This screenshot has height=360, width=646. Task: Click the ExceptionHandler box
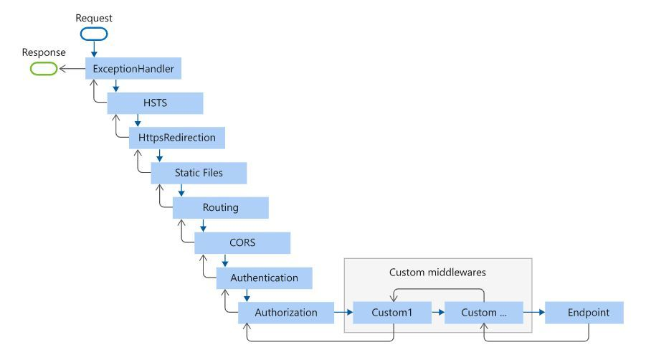pyautogui.click(x=133, y=68)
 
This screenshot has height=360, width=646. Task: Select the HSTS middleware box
pyautogui.click(x=155, y=103)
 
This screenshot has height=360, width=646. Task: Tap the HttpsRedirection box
pyautogui.click(x=177, y=138)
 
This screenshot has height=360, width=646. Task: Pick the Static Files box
pyautogui.click(x=199, y=173)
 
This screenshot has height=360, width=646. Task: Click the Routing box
pyautogui.click(x=220, y=207)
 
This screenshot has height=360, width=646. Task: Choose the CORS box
pyautogui.click(x=242, y=242)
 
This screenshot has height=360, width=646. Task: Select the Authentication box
pyautogui.click(x=264, y=278)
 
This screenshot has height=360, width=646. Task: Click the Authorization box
pyautogui.click(x=286, y=313)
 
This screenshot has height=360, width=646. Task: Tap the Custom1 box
pyautogui.click(x=392, y=313)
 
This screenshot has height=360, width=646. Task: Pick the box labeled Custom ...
pyautogui.click(x=484, y=313)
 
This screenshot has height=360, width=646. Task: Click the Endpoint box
pyautogui.click(x=584, y=313)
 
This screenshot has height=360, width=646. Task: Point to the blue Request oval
pyautogui.click(x=94, y=34)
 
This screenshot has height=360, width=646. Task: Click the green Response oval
pyautogui.click(x=44, y=68)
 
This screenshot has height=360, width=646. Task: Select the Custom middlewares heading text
pyautogui.click(x=437, y=273)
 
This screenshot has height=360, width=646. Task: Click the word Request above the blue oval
pyautogui.click(x=94, y=18)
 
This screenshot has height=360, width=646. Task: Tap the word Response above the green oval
pyautogui.click(x=44, y=53)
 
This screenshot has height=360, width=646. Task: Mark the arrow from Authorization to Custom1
pyautogui.click(x=343, y=312)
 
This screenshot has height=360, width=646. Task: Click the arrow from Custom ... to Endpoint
pyautogui.click(x=534, y=312)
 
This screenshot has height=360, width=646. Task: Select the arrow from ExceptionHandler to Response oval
pyautogui.click(x=72, y=68)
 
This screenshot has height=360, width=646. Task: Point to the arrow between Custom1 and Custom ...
pyautogui.click(x=438, y=312)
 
